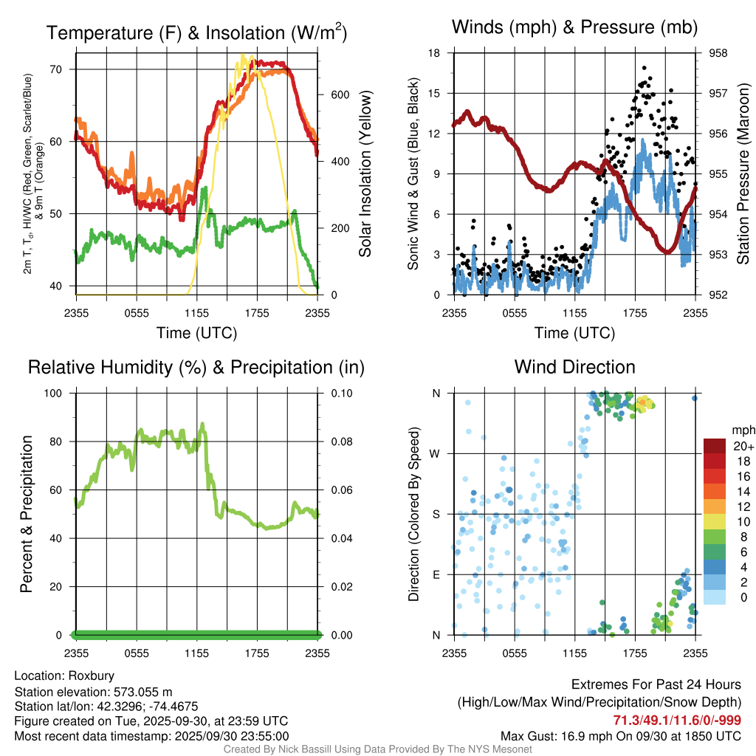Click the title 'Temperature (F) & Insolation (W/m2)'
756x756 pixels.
[196, 32]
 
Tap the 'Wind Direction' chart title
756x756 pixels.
[574, 366]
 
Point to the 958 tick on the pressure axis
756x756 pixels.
[718, 53]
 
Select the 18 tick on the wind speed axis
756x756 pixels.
[434, 53]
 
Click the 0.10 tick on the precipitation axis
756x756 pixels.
[340, 393]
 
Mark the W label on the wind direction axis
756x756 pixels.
[436, 453]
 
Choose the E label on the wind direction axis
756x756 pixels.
[437, 574]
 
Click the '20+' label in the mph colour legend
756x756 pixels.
[741, 446]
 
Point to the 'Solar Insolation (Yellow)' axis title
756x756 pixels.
[365, 173]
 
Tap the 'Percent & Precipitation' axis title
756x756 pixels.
[27, 514]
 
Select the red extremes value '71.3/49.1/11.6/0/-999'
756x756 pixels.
[677, 720]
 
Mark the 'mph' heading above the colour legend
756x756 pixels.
[741, 430]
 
